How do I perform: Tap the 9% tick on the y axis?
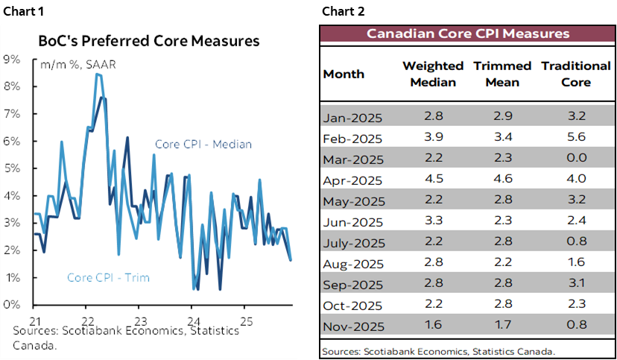click(x=11, y=60)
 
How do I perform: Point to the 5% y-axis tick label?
click(x=11, y=168)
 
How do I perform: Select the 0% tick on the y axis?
click(x=11, y=305)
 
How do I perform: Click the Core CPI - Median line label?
click(x=203, y=145)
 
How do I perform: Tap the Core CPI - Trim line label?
click(x=108, y=278)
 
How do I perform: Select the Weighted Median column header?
click(x=432, y=74)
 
